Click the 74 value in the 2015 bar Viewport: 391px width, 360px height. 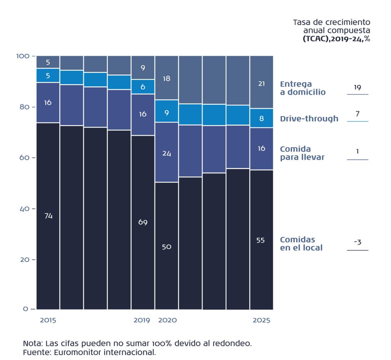pyautogui.click(x=48, y=216)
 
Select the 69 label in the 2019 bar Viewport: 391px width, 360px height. pyautogui.click(x=143, y=222)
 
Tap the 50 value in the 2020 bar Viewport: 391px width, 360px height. pyautogui.click(x=166, y=247)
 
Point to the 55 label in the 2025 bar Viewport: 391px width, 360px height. pyautogui.click(x=261, y=241)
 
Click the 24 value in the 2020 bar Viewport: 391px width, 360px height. pyautogui.click(x=166, y=153)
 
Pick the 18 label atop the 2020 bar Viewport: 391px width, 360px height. pyautogui.click(x=166, y=79)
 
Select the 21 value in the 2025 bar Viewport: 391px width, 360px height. pyautogui.click(x=261, y=84)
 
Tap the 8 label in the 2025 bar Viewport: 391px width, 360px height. pyautogui.click(x=262, y=118)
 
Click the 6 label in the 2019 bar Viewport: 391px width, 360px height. pyautogui.click(x=143, y=87)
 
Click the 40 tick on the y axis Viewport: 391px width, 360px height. pyautogui.click(x=24, y=209)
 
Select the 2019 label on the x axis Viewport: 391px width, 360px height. pyautogui.click(x=142, y=320)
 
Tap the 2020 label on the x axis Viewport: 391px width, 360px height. pyautogui.click(x=167, y=320)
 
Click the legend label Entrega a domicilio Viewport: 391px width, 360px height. pyautogui.click(x=302, y=88)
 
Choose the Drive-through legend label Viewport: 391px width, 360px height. pyautogui.click(x=309, y=119)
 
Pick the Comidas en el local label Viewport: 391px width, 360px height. pyautogui.click(x=301, y=244)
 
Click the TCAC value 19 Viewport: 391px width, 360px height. pyautogui.click(x=357, y=87)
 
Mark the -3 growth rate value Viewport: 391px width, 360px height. pyautogui.click(x=357, y=242)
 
